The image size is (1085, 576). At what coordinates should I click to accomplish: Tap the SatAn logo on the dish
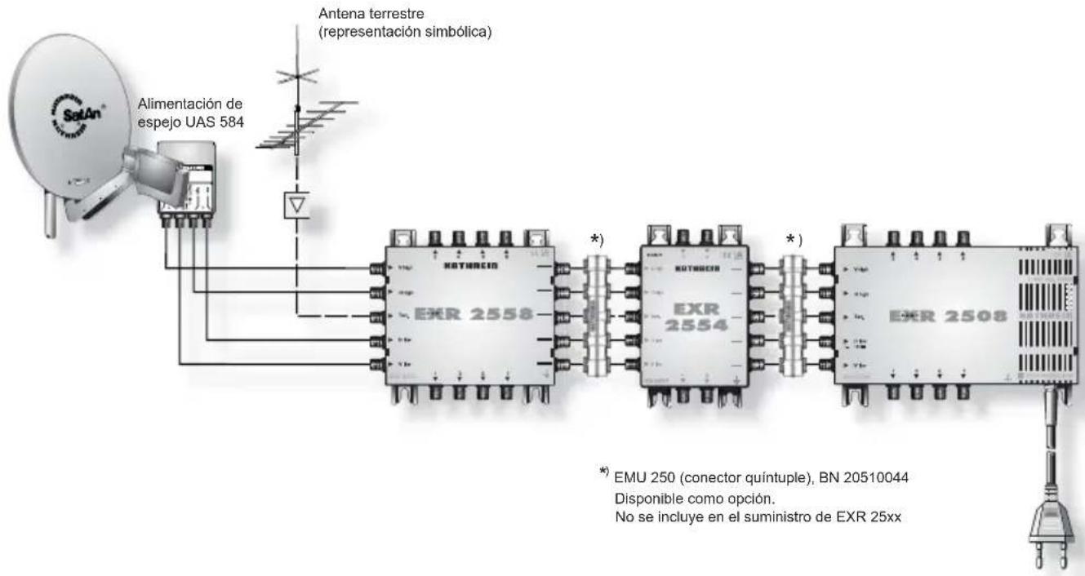point(59,117)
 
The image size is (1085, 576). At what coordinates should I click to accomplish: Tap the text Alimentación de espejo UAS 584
point(193,112)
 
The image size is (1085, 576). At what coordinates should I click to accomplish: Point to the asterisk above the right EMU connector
point(789,238)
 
